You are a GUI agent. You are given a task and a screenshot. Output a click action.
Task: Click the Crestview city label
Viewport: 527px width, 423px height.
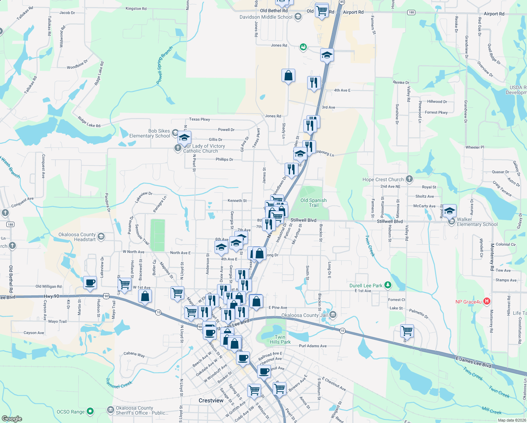click(x=211, y=400)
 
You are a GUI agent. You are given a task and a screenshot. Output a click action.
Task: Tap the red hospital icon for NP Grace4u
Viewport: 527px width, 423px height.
click(x=487, y=301)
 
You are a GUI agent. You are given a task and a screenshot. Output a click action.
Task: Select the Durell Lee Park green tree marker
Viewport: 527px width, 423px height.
click(x=388, y=285)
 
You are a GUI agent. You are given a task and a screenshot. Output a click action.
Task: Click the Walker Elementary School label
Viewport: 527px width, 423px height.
click(x=477, y=222)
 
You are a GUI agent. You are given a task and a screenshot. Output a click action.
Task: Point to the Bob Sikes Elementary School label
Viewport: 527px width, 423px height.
click(x=150, y=133)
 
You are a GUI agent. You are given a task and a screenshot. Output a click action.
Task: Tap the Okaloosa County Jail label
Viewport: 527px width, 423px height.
click(x=305, y=315)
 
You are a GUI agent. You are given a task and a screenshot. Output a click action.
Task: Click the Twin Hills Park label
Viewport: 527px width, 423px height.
click(x=280, y=339)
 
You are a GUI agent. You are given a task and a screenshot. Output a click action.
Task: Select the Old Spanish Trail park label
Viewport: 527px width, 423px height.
click(x=313, y=203)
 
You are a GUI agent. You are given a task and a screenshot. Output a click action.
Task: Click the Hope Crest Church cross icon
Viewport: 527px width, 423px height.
click(x=409, y=179)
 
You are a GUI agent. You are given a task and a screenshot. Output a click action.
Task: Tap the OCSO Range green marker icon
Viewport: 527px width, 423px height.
click(x=90, y=411)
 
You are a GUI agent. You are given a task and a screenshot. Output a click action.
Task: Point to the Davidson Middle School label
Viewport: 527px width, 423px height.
click(x=266, y=17)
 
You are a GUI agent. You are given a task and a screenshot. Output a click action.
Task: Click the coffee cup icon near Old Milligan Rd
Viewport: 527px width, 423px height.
click(x=90, y=283)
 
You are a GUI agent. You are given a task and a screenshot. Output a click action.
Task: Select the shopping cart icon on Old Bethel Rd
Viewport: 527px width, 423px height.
click(x=322, y=11)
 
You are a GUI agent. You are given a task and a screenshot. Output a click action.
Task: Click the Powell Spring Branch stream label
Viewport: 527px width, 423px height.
click(x=165, y=65)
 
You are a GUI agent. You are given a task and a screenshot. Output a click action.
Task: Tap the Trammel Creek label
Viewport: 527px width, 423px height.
click(x=119, y=384)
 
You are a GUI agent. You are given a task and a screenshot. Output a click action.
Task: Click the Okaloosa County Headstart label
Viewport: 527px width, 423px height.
click(x=77, y=237)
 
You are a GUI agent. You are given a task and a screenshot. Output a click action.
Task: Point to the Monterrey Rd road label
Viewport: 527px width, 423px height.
click(x=492, y=257)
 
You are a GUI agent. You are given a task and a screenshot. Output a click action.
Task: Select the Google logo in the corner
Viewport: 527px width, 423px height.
click(x=12, y=418)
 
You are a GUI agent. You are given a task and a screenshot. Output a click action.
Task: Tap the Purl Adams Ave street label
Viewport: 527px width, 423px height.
click(x=312, y=346)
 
